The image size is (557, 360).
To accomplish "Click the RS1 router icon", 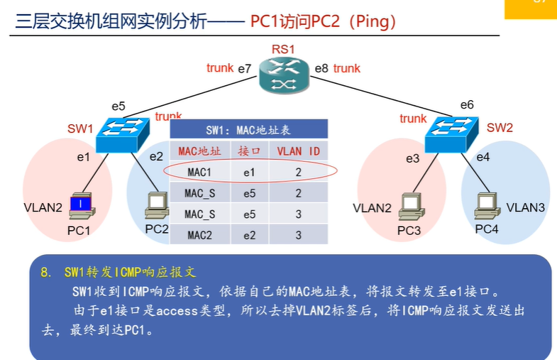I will pos(283,76).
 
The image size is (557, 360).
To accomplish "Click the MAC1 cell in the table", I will pos(199,171).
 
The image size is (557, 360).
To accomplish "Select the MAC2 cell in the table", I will pos(199,234).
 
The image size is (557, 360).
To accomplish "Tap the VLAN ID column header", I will pos(298,151).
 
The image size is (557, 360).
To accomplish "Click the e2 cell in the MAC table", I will pos(249,234).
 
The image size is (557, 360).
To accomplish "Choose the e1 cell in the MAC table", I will pos(249,171).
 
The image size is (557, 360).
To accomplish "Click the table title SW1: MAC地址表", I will pos(248,130).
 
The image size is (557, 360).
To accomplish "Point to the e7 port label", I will pos(245,69).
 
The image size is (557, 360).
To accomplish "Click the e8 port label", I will pos(321,69).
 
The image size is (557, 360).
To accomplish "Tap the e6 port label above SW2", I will pos(466,105).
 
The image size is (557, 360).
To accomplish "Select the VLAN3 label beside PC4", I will pos(526,207).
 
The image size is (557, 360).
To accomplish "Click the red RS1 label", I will pos(282,50).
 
